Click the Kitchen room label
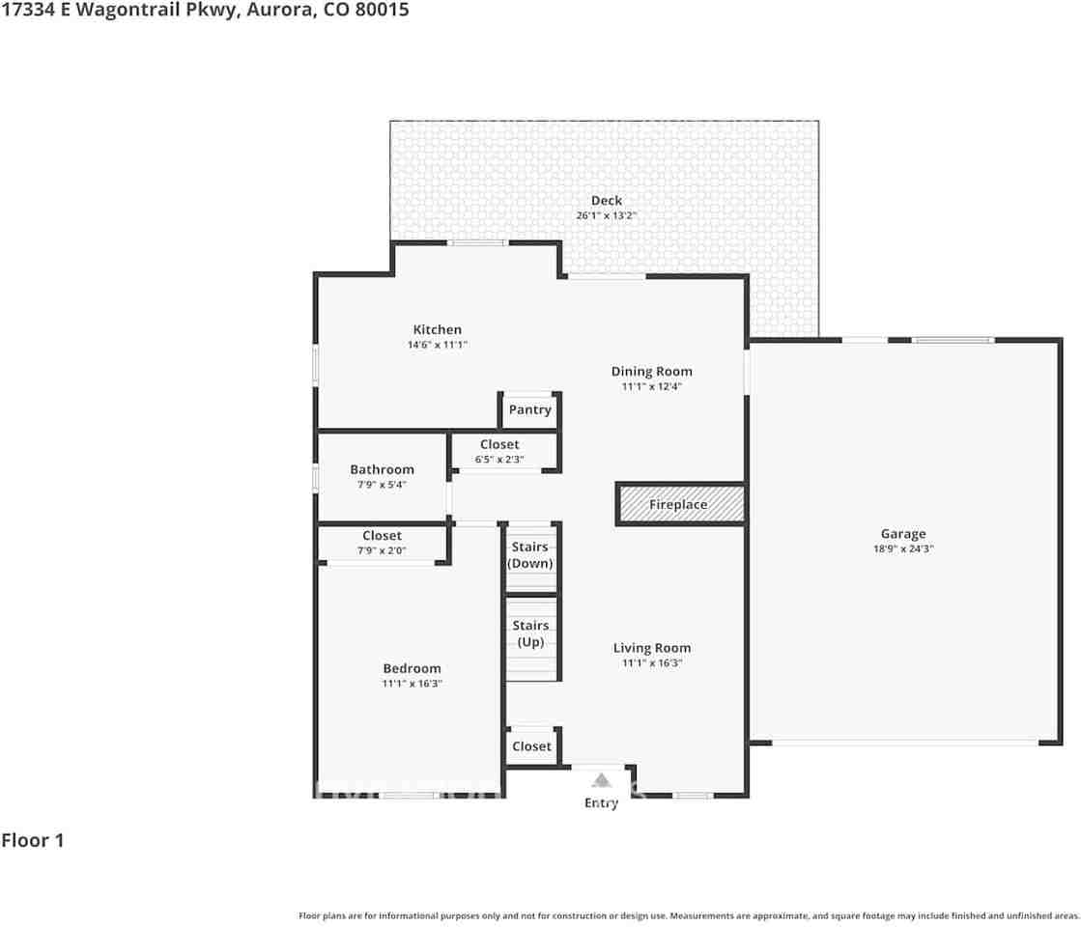[437, 329]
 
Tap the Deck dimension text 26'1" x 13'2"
[606, 215]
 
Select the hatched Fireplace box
[680, 504]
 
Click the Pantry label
[529, 409]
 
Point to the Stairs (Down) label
[530, 555]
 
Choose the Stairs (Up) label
[530, 633]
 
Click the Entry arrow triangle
[601, 780]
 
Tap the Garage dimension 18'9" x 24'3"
[902, 548]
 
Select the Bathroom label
[382, 469]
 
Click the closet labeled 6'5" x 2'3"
[499, 451]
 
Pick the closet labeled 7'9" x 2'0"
[382, 543]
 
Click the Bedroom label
[412, 668]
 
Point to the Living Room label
[651, 648]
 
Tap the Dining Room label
[651, 371]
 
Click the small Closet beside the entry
[531, 745]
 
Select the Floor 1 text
[33, 840]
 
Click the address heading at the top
[205, 11]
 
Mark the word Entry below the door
[601, 803]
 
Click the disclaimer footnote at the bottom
[689, 915]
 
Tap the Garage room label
[902, 533]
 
